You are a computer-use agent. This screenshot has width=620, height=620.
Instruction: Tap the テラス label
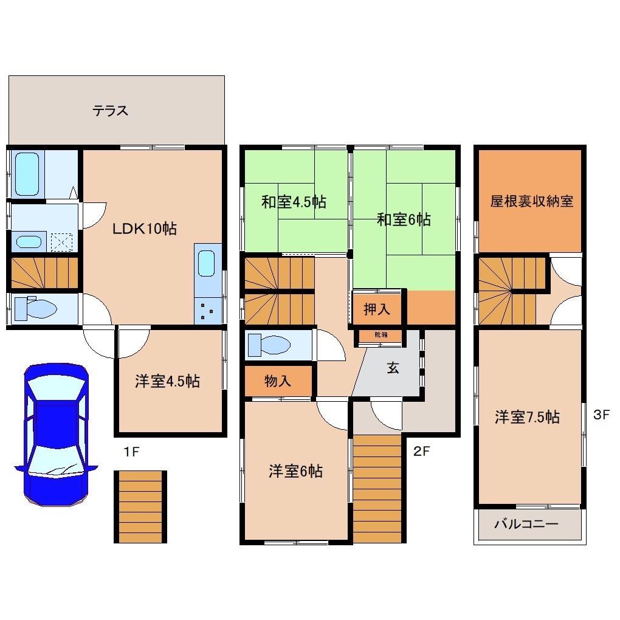[110, 111]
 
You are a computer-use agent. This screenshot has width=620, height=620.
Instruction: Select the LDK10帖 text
[144, 229]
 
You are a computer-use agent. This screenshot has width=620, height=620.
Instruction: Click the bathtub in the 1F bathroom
[27, 173]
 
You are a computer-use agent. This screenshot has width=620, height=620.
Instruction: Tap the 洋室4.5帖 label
[167, 382]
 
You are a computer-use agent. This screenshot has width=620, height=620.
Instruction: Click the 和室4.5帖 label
[294, 202]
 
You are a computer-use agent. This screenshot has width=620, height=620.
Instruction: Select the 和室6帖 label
[404, 219]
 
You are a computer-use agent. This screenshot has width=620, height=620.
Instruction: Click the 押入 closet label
[377, 309]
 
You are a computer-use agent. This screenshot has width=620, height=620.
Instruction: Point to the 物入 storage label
[278, 382]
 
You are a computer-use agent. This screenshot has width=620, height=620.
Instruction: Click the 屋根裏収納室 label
[531, 201]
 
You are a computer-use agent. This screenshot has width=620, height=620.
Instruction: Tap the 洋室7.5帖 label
[527, 417]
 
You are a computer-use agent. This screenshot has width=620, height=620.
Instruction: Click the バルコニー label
[525, 524]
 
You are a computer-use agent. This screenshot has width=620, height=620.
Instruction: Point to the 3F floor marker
[601, 415]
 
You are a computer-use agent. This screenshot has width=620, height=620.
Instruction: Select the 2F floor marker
[422, 452]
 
